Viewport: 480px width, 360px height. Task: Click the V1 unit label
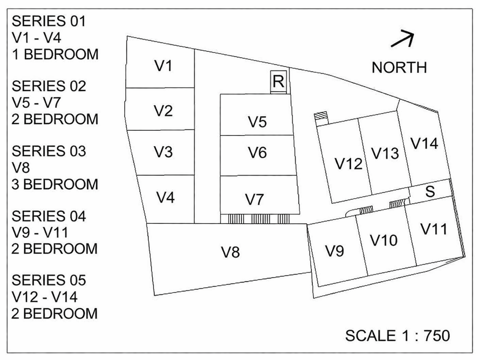pyautogui.click(x=163, y=66)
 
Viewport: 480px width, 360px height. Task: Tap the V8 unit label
pyautogui.click(x=230, y=252)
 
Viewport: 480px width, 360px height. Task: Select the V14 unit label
pyautogui.click(x=424, y=143)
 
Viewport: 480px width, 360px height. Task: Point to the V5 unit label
pyautogui.click(x=257, y=122)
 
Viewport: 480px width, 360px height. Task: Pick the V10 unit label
pyautogui.click(x=384, y=240)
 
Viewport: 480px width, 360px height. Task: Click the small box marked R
pyautogui.click(x=279, y=82)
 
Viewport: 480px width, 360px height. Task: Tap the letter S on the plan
pyautogui.click(x=430, y=192)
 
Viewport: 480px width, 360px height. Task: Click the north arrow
pyautogui.click(x=403, y=39)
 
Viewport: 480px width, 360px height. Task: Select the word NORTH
pyautogui.click(x=399, y=67)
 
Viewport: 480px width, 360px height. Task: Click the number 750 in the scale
pyautogui.click(x=437, y=336)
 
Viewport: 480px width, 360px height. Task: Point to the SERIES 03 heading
pyautogui.click(x=49, y=151)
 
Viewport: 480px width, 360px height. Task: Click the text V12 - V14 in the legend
pyautogui.click(x=44, y=297)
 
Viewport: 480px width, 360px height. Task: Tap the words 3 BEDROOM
pyautogui.click(x=55, y=184)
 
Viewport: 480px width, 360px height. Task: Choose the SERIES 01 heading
pyautogui.click(x=49, y=21)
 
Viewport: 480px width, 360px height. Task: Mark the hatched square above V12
pyautogui.click(x=321, y=116)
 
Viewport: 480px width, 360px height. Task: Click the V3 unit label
pyautogui.click(x=163, y=152)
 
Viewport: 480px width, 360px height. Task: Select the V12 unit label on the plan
pyautogui.click(x=348, y=164)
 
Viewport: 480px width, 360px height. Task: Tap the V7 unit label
pyautogui.click(x=254, y=199)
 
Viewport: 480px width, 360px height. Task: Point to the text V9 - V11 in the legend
pyautogui.click(x=40, y=232)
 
